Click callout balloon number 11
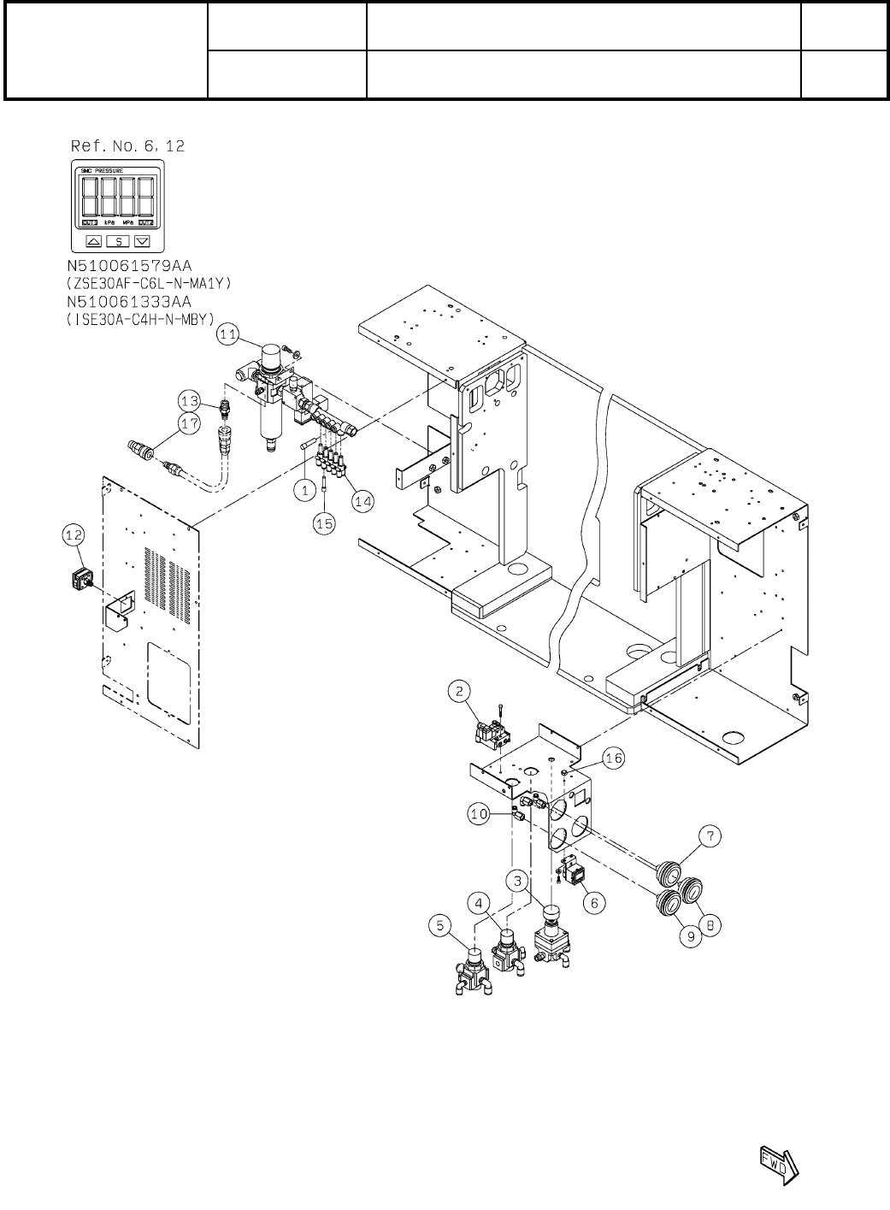(x=226, y=336)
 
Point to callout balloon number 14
(x=362, y=503)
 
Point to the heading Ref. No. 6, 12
(x=126, y=146)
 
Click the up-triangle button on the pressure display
(x=94, y=241)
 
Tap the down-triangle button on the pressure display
(x=142, y=241)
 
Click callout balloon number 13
(x=190, y=399)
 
